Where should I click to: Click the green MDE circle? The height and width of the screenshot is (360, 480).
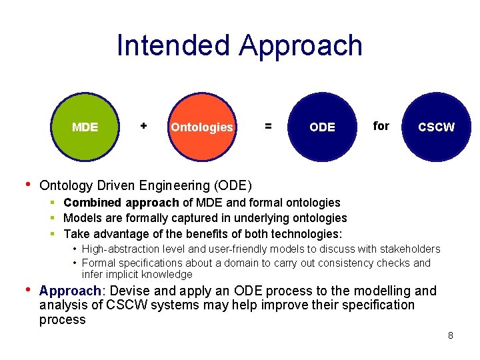click(x=85, y=127)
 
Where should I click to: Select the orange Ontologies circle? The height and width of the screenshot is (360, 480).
click(x=201, y=127)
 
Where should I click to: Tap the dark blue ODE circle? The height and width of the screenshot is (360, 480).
click(x=322, y=127)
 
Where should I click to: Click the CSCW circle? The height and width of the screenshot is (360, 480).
click(x=436, y=127)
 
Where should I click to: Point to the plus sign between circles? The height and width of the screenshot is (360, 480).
click(x=143, y=125)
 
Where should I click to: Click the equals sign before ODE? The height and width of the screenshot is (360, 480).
click(x=268, y=125)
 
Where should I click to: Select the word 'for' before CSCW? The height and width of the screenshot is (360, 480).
click(x=381, y=125)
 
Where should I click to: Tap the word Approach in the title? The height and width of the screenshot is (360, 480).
click(x=300, y=45)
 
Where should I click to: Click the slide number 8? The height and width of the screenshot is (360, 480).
click(x=451, y=335)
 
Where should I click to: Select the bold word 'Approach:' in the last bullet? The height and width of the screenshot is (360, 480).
click(x=70, y=291)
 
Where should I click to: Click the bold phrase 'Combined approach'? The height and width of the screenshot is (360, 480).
click(x=121, y=203)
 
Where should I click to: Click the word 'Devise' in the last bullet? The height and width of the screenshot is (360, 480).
click(x=126, y=291)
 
